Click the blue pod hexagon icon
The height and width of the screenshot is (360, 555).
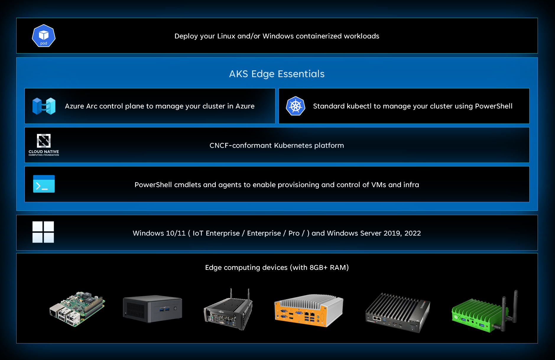click(x=44, y=36)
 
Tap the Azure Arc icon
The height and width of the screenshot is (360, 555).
click(x=44, y=106)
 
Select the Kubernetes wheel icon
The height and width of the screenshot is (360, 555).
click(x=296, y=106)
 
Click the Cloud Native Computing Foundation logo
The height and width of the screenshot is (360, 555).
click(x=44, y=145)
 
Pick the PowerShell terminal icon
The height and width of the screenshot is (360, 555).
click(x=44, y=184)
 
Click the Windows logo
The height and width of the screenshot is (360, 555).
click(x=43, y=232)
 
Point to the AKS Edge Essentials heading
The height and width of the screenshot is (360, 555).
click(x=277, y=74)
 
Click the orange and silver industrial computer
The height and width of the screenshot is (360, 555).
click(x=309, y=310)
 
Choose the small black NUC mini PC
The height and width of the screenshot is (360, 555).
click(x=152, y=308)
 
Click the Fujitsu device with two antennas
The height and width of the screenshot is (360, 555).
click(x=228, y=310)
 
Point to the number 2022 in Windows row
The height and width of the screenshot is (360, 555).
click(x=413, y=233)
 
